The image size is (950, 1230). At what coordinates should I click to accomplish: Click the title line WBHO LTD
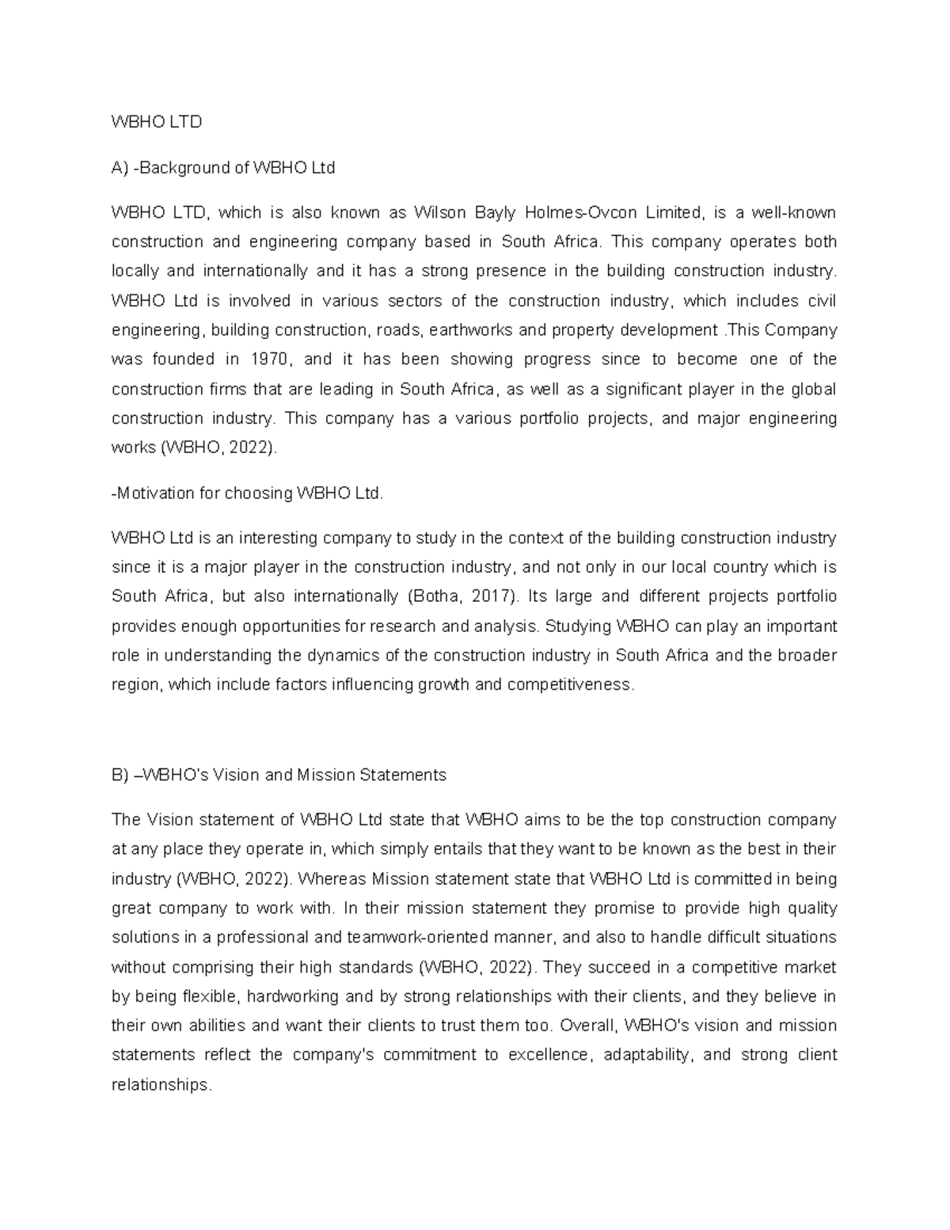157,122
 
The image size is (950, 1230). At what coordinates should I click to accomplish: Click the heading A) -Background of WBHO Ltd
223,168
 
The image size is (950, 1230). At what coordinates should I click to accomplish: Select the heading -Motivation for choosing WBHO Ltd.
247,493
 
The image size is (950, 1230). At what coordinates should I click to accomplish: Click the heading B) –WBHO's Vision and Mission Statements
279,775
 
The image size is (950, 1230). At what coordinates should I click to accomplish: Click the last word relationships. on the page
161,1084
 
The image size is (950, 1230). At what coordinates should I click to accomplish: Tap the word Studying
579,626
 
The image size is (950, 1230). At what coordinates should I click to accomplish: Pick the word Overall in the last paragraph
587,1026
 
